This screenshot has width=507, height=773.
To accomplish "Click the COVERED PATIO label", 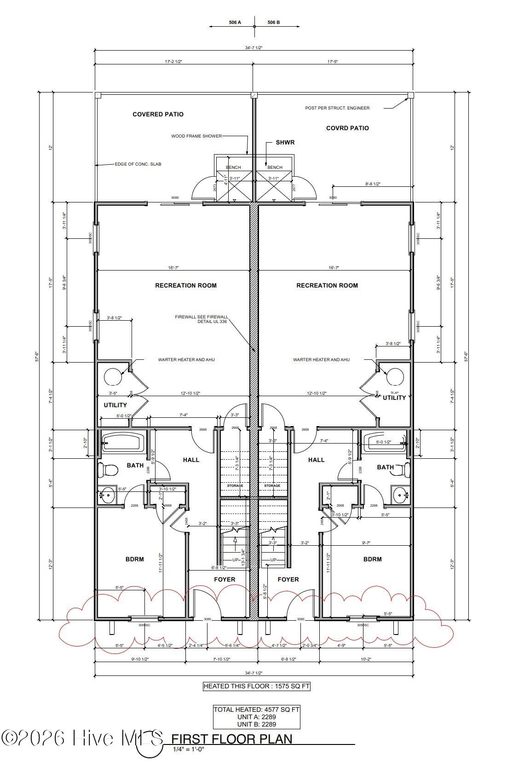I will click(158, 114).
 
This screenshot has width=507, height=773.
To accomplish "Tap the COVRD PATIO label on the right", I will click(347, 128).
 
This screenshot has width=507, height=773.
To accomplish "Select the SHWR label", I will click(285, 142).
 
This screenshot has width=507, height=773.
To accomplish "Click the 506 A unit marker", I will click(235, 22).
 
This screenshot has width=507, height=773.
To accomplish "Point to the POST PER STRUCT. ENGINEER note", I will click(337, 108).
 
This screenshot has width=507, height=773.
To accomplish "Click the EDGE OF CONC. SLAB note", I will click(138, 164).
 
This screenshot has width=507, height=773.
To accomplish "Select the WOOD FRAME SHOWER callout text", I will click(196, 136).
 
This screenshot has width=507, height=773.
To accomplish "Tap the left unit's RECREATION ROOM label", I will click(185, 285).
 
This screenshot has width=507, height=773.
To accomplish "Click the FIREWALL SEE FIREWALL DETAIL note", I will click(202, 319).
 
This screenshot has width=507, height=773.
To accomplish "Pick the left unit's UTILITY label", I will click(115, 405).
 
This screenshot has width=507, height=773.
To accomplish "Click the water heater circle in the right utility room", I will click(395, 376).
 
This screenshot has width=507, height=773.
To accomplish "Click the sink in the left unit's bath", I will click(107, 496).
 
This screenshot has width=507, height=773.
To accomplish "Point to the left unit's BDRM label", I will click(134, 559).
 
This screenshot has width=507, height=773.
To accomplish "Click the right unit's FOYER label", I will click(288, 579).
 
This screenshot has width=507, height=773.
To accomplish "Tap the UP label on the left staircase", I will click(235, 560).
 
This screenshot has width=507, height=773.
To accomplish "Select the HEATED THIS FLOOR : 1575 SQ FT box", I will click(257, 686).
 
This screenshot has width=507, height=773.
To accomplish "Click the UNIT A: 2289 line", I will click(256, 717).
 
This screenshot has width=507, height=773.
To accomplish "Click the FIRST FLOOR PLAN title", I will click(232, 739).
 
